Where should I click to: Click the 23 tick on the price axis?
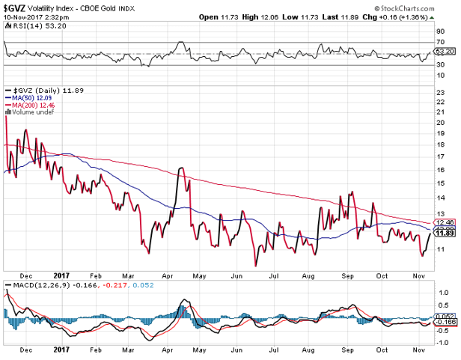click(x=440, y=93)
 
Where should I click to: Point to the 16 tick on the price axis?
click(x=440, y=171)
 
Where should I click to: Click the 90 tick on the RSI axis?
click(x=440, y=31)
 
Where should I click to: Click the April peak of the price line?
click(x=180, y=168)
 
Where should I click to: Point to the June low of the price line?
click(x=256, y=265)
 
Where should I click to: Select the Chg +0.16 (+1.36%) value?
click(x=422, y=16)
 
